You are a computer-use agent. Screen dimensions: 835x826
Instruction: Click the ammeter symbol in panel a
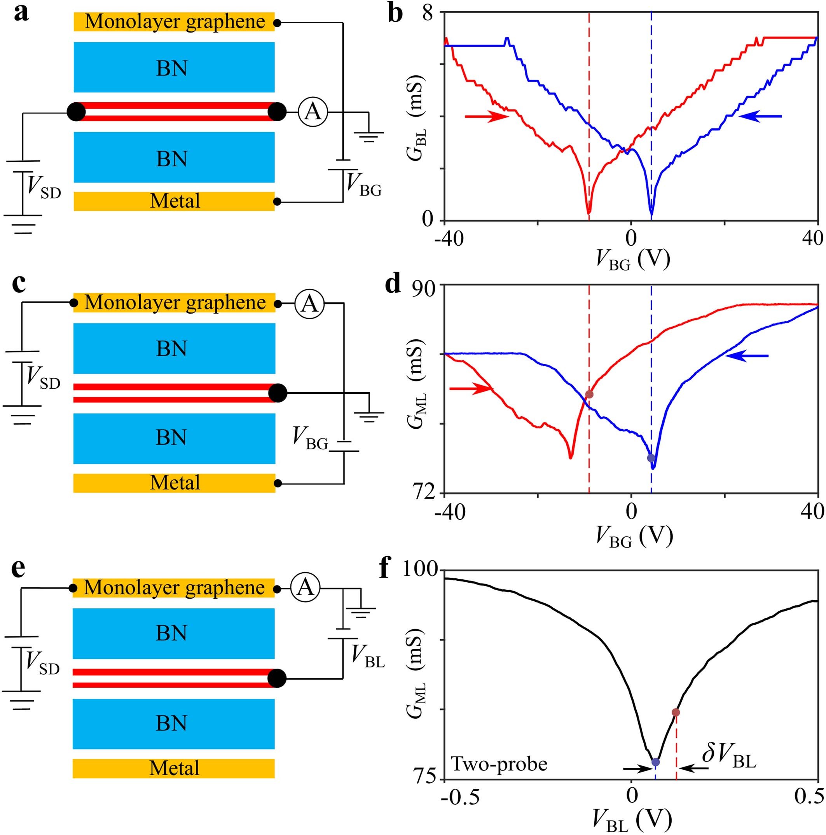tap(313, 112)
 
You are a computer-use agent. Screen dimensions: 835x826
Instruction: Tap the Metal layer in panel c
tap(174, 483)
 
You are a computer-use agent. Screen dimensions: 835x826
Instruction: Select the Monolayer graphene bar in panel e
tap(174, 588)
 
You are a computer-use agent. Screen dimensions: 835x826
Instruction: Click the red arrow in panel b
tap(487, 116)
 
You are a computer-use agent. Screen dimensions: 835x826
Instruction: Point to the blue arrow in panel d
tap(747, 356)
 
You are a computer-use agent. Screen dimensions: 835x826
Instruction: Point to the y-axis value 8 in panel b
tap(428, 14)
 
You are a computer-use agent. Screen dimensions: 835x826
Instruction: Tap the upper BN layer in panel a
tap(174, 67)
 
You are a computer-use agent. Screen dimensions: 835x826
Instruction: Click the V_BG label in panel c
tap(310, 438)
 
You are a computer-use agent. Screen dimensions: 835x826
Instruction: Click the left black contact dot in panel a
tap(77, 112)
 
